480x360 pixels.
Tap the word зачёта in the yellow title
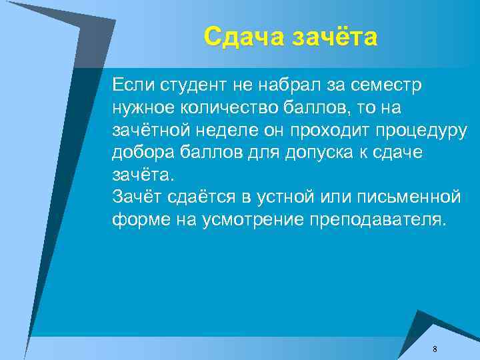(334, 36)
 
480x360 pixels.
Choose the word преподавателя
(377, 220)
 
